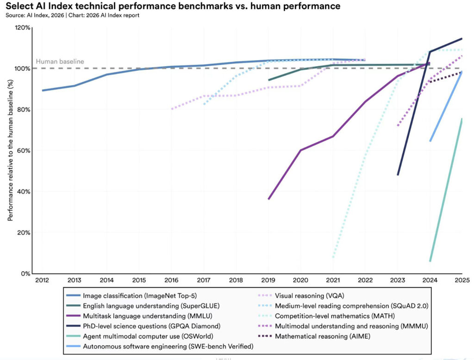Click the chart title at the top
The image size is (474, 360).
coord(172,6)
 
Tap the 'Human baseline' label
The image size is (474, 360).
coord(60,62)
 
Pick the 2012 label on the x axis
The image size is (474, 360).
coord(42,280)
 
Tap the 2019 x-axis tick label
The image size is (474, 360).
coord(268,280)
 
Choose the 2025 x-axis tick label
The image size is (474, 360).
coord(462,280)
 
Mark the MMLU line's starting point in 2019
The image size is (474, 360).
coord(269,199)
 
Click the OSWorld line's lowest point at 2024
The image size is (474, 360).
coord(430,261)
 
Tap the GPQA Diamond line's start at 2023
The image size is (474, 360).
coord(398,175)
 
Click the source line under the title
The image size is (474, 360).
coord(71,15)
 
